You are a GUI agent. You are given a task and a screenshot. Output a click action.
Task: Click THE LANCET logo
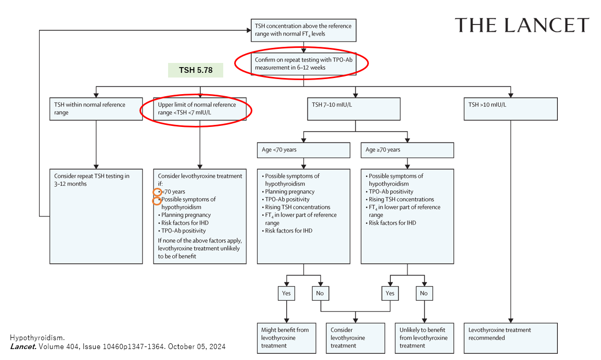[522, 25]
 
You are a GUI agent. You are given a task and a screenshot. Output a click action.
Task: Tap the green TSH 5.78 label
[195, 70]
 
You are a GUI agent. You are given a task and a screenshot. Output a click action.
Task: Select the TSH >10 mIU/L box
[510, 109]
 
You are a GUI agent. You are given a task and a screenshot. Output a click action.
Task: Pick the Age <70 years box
[303, 150]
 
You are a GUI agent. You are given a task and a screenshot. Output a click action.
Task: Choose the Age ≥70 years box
[407, 150]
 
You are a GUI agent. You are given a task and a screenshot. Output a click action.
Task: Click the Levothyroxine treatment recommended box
[510, 338]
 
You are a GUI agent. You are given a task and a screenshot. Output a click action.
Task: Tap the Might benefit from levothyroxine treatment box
[287, 338]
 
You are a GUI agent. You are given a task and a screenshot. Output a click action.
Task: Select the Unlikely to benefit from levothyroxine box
[424, 338]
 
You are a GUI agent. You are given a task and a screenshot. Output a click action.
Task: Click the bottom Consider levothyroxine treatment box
[355, 338]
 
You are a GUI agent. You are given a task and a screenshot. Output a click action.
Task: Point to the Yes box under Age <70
[286, 293]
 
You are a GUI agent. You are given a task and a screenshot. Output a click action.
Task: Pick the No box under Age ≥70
[424, 293]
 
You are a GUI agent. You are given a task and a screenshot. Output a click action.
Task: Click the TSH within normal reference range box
[96, 109]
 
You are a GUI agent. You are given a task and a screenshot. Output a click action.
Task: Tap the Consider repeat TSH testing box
[96, 215]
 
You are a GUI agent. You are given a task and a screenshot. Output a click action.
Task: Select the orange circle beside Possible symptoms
[157, 200]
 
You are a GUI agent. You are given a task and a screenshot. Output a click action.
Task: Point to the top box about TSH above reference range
[303, 30]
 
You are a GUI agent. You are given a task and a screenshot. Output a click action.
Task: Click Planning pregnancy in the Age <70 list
[288, 191]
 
